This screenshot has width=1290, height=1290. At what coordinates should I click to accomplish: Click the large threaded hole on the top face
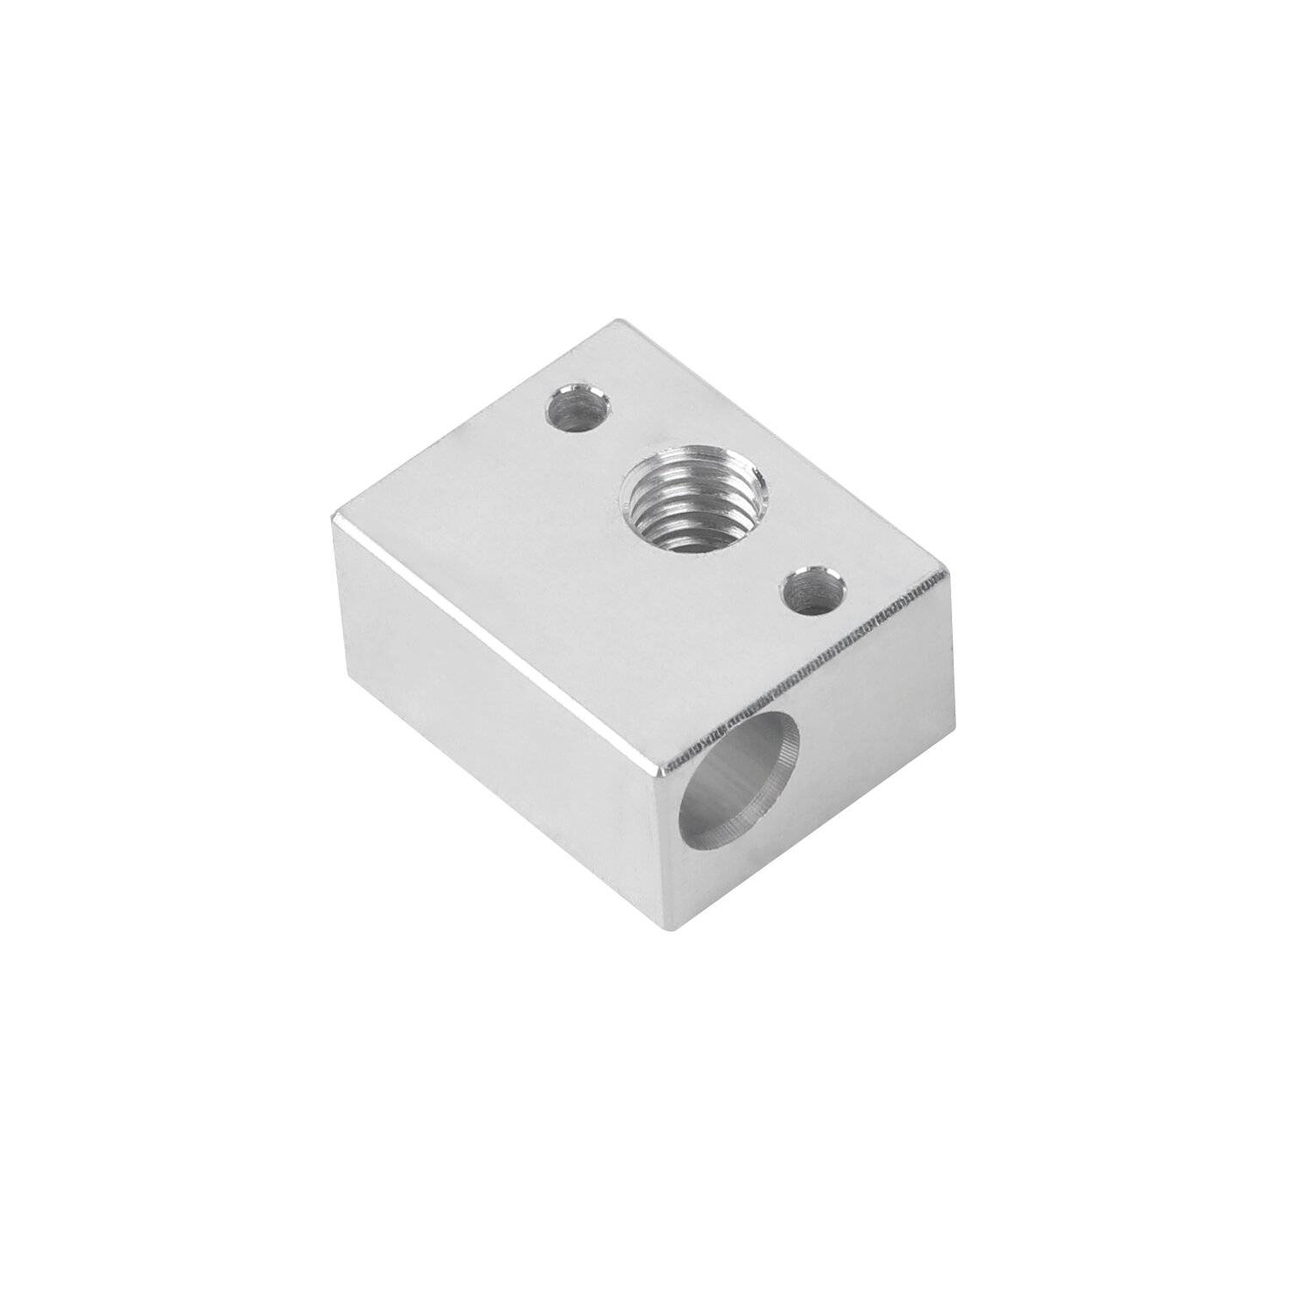[694, 500]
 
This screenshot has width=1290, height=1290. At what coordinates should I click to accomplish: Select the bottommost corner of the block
[675, 931]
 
